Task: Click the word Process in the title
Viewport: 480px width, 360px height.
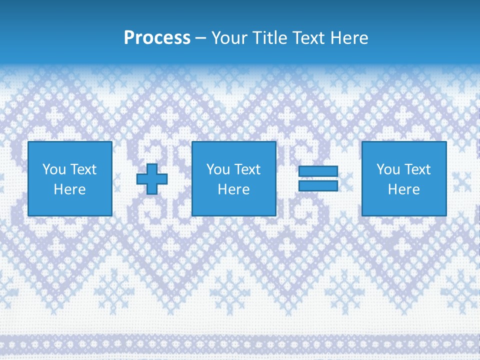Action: [x=157, y=38]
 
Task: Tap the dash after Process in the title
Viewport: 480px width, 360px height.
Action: [x=201, y=38]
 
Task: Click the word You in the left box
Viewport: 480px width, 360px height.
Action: [x=54, y=169]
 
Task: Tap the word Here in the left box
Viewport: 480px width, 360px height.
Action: [x=69, y=189]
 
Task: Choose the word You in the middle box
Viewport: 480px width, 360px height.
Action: [x=218, y=169]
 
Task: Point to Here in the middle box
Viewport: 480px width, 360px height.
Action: [x=233, y=189]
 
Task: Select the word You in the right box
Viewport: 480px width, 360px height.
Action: [x=388, y=169]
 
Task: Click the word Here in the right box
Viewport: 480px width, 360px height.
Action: [x=403, y=189]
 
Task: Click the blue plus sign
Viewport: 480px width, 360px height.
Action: [x=152, y=179]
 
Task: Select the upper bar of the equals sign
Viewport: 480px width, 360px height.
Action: [x=318, y=171]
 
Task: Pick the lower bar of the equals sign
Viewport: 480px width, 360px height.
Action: [x=318, y=185]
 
